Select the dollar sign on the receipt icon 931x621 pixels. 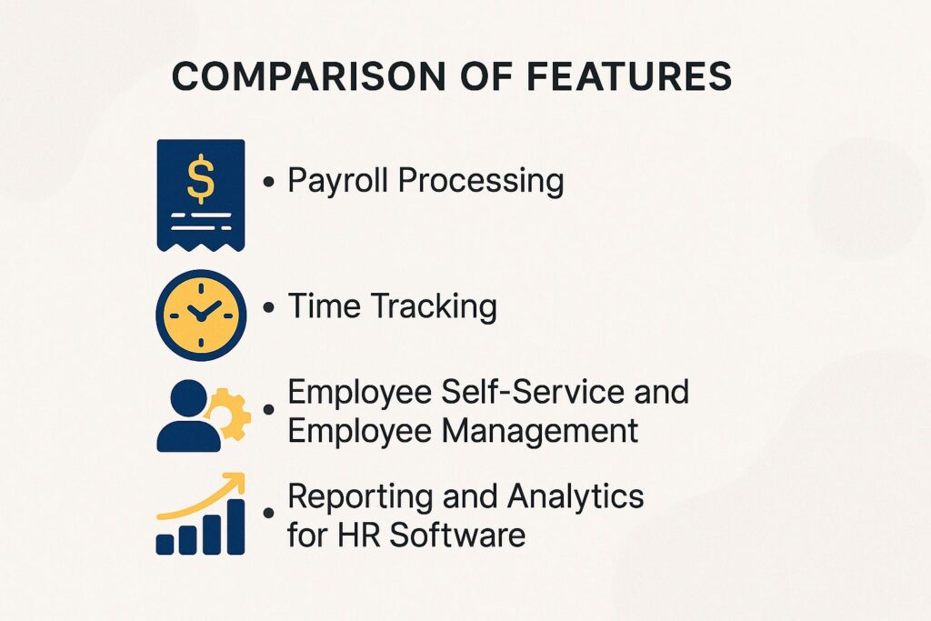tap(201, 177)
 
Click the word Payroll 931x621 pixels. tap(339, 181)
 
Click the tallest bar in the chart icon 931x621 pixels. tap(235, 526)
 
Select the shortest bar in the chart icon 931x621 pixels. tap(165, 544)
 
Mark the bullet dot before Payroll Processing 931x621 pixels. tap(268, 183)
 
